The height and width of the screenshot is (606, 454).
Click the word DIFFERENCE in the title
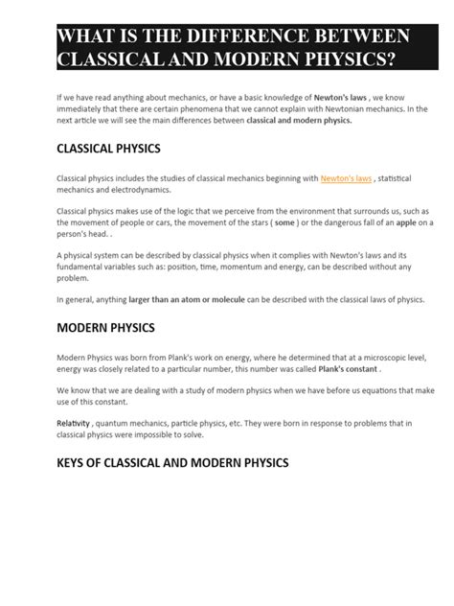(250, 37)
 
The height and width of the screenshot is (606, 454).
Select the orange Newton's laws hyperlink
(347, 178)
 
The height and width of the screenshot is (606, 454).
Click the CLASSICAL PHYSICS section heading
(109, 150)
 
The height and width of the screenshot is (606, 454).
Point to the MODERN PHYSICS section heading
(105, 328)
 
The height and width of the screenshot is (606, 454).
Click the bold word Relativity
(78, 422)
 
